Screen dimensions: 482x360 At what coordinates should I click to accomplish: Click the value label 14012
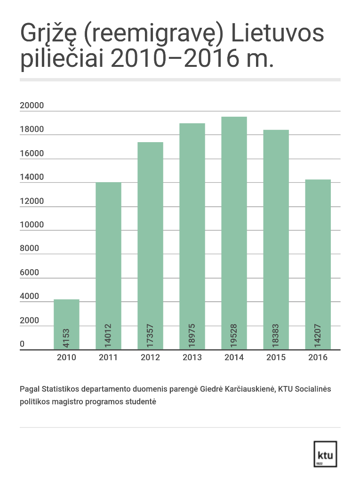coord(108,336)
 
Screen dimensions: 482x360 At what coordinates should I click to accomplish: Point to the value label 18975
coord(192,336)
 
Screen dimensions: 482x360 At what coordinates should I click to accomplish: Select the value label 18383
coord(276,336)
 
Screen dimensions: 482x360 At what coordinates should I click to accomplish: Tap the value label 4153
coord(66,338)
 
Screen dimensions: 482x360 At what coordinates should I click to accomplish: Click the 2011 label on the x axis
coord(108,357)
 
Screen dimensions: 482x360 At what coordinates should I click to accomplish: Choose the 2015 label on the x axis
coord(276,357)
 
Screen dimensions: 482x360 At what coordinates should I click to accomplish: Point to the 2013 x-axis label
coord(192,357)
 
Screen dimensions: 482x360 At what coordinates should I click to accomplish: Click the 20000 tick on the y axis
coord(32,105)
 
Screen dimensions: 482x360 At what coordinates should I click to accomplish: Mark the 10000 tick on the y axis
coord(32,225)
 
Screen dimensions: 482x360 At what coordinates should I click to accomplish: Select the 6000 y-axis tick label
coord(30,273)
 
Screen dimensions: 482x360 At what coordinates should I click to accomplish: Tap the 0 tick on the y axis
coord(22,345)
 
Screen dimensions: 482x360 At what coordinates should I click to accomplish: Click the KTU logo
coord(325,455)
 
